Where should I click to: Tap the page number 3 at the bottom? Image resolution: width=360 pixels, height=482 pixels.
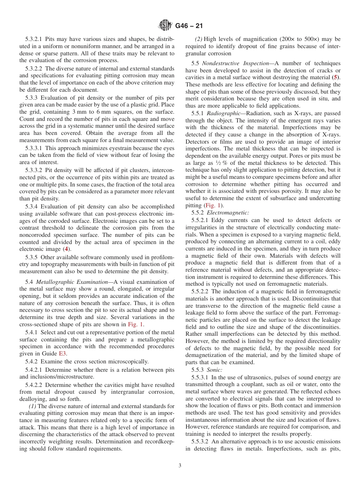point(180,466)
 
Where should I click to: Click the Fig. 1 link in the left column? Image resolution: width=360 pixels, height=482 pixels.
point(135,324)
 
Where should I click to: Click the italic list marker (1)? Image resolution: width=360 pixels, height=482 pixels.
point(33,406)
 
